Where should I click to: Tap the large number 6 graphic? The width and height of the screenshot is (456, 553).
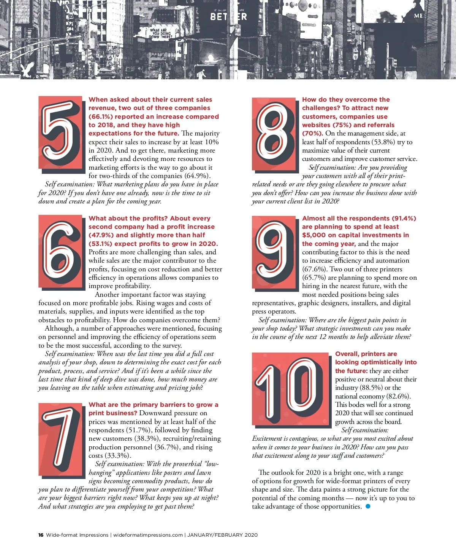[x=60, y=252]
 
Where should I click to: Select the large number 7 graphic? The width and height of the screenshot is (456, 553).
[x=60, y=440]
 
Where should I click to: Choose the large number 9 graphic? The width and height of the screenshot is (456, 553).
[x=273, y=253]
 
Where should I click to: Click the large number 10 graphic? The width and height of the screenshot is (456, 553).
[x=290, y=389]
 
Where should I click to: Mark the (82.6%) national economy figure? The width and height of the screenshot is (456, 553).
[x=398, y=396]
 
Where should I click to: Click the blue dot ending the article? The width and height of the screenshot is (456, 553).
[x=367, y=506]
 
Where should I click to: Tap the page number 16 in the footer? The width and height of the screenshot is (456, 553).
[x=41, y=535]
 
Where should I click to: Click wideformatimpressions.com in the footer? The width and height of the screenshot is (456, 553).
[x=148, y=535]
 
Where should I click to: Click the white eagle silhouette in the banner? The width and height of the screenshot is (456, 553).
[x=28, y=70]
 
